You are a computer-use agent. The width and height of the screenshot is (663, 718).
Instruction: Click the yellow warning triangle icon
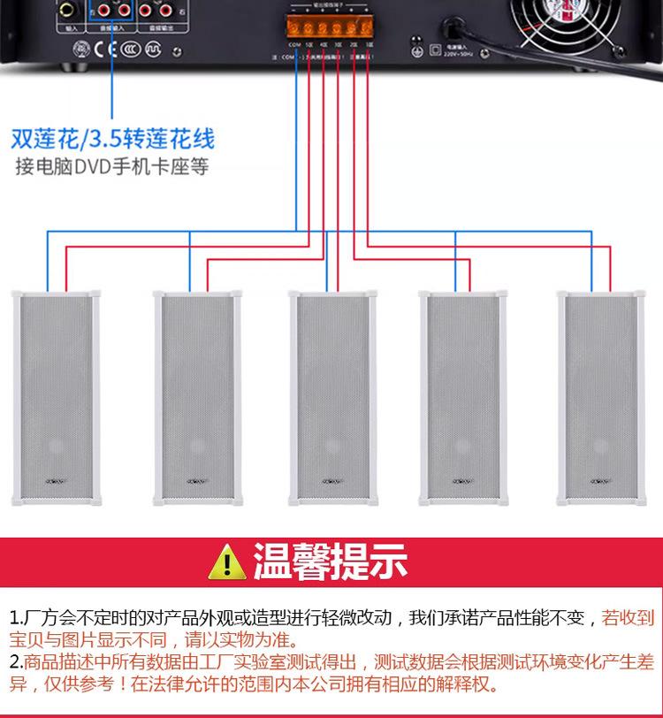[x=230, y=561]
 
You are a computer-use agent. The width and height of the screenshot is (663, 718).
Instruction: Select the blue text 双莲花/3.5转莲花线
[x=112, y=139]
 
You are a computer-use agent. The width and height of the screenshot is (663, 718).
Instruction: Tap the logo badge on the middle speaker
[x=331, y=483]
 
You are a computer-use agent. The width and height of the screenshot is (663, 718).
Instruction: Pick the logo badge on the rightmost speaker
[x=598, y=483]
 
